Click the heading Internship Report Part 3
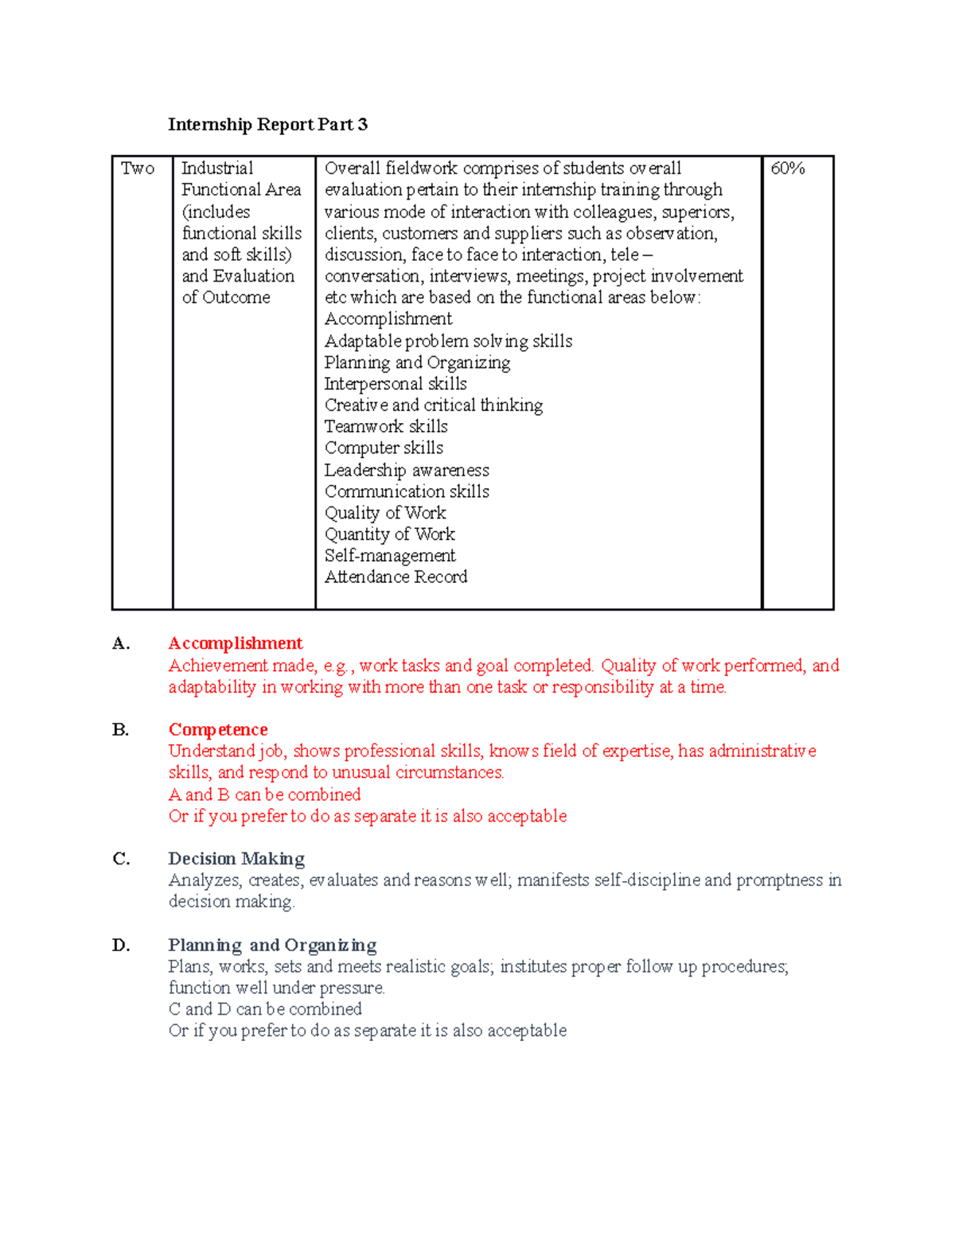coord(267,124)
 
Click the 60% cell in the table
coord(787,169)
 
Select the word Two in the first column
coord(137,169)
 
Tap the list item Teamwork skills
coord(386,427)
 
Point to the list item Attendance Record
coord(396,577)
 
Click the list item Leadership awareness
coord(407,470)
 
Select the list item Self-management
coord(390,556)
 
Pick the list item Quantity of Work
coord(389,534)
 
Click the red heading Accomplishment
coord(235,643)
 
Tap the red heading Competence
coord(217,730)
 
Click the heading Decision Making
coord(236,859)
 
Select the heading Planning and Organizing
coord(272,945)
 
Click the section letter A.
coord(120,643)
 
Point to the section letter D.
coord(120,945)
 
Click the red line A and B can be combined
coord(264,794)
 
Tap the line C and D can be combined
coord(265,1009)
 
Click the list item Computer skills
coord(384,449)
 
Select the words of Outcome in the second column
coord(226,297)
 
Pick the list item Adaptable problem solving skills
coord(448,341)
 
